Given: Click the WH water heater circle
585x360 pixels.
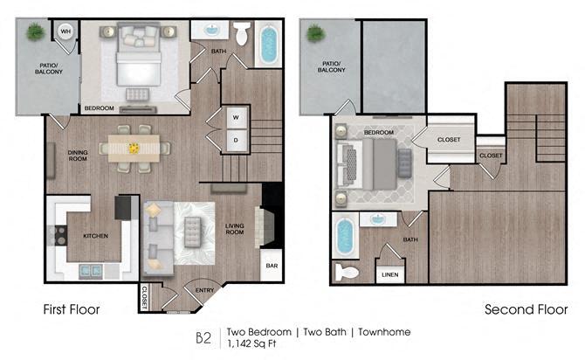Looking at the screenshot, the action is coord(65,31).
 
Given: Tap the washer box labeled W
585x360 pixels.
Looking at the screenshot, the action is coord(237,117).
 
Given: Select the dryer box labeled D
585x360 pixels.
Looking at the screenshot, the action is coord(237,141).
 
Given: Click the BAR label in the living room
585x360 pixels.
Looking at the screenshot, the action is coord(272,266).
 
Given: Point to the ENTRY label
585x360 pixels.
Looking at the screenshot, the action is coord(205,290).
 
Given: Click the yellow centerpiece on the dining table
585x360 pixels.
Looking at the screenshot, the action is coord(134,149).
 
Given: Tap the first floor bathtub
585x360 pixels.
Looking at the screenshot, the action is coord(268,44).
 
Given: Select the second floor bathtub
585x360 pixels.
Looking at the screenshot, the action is coord(345,236).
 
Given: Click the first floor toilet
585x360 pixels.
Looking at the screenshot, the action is coord(242,33).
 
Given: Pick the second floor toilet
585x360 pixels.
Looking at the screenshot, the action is coord(347,273).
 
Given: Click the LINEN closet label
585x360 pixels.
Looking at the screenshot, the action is coord(390,274).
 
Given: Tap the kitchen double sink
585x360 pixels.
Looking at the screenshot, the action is coord(91,270).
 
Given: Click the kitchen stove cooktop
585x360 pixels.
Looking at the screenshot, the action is coord(58,236).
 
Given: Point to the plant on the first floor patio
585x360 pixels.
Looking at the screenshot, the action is coord(36,31).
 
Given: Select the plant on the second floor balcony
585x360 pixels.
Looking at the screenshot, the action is coord(316,33).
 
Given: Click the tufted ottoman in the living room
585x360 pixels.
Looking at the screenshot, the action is coord(192,232).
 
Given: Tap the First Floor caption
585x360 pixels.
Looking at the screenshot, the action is coord(72,309).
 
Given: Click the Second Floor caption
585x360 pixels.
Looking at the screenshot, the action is coord(526,309).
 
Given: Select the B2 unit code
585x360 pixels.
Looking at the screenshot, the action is coord(203,337).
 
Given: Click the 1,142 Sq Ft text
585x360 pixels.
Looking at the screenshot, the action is coord(251,343).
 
